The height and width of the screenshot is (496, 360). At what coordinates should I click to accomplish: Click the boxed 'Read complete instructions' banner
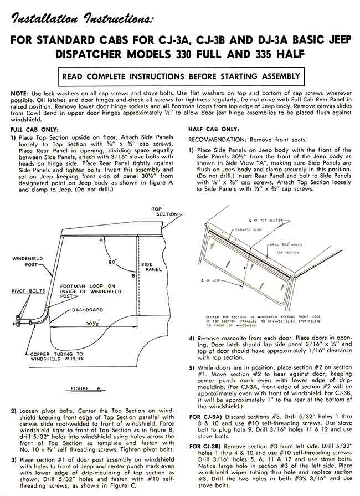[x=181, y=75]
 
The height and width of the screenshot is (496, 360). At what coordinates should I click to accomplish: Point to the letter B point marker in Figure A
[x=133, y=275]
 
